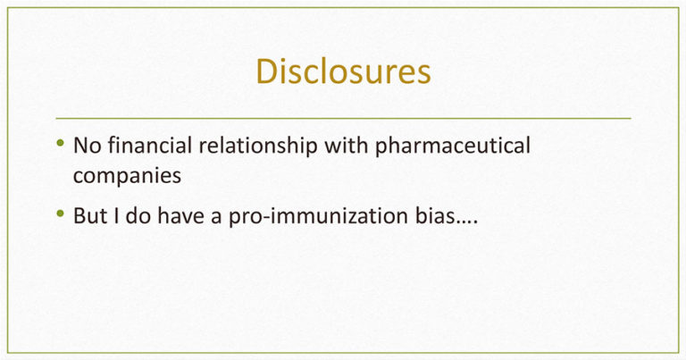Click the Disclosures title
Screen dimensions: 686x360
(x=343, y=71)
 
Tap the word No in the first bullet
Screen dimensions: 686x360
(x=87, y=146)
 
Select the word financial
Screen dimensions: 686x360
(x=150, y=146)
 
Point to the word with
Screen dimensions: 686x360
(x=346, y=146)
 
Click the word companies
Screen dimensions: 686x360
(x=127, y=177)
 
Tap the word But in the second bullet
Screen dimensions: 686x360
(x=89, y=215)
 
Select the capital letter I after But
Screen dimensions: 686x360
(x=116, y=215)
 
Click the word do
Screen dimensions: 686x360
(x=138, y=215)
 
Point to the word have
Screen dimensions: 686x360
(x=180, y=215)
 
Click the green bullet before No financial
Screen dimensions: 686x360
(x=61, y=143)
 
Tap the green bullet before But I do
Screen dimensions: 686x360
(x=61, y=213)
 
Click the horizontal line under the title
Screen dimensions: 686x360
(x=343, y=118)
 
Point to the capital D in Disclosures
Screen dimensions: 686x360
(x=265, y=71)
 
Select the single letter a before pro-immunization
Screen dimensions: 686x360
(x=216, y=218)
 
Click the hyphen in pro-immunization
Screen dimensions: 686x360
(x=266, y=218)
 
